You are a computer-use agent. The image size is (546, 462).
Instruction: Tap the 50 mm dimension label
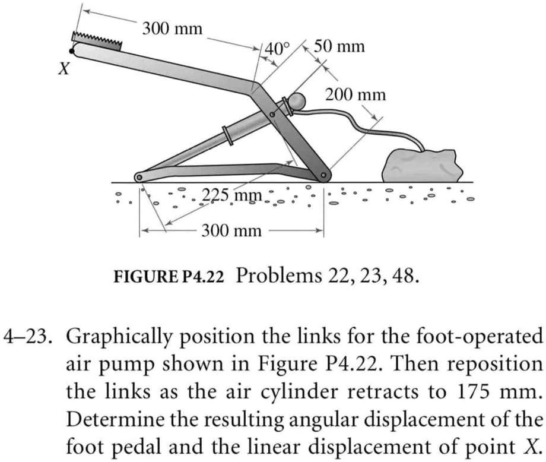coord(339,46)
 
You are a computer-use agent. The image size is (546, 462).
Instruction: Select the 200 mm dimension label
coord(355,95)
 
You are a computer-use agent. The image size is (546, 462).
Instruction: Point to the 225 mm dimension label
coord(232,195)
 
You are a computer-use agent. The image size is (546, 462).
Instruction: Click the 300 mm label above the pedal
coord(172,29)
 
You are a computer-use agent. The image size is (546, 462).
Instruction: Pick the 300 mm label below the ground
coord(231,230)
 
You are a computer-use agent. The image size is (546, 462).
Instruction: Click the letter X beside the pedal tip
coord(64,69)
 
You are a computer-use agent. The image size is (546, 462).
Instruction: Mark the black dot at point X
coord(72,52)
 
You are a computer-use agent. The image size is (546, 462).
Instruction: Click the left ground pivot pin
coord(139,178)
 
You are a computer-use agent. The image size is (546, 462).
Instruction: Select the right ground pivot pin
coord(323,175)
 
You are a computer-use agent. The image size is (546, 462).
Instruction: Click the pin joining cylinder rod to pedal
coord(272,114)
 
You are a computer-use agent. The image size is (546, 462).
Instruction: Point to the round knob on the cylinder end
coord(297,102)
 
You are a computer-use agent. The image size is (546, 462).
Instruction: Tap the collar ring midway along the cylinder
coord(228,136)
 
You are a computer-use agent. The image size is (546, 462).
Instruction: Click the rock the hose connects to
coord(423,166)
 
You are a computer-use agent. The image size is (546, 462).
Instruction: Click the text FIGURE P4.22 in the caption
coord(169,277)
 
